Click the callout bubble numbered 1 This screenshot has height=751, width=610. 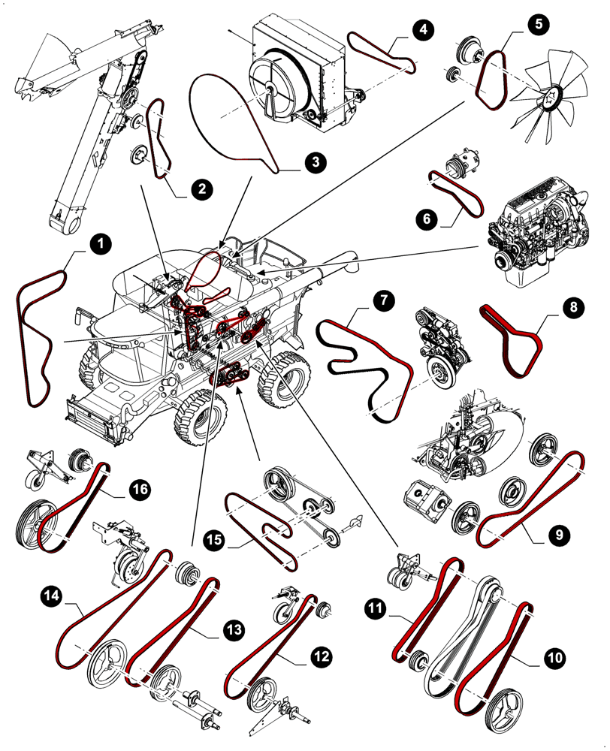[x=99, y=243]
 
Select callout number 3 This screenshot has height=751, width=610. [x=314, y=161]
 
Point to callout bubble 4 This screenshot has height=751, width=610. [x=423, y=30]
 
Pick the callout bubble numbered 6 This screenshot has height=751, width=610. [x=426, y=219]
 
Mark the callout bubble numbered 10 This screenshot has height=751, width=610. [x=554, y=659]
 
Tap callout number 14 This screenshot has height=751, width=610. [x=52, y=596]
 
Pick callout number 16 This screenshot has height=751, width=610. [x=139, y=490]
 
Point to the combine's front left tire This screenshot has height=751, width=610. [x=198, y=419]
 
